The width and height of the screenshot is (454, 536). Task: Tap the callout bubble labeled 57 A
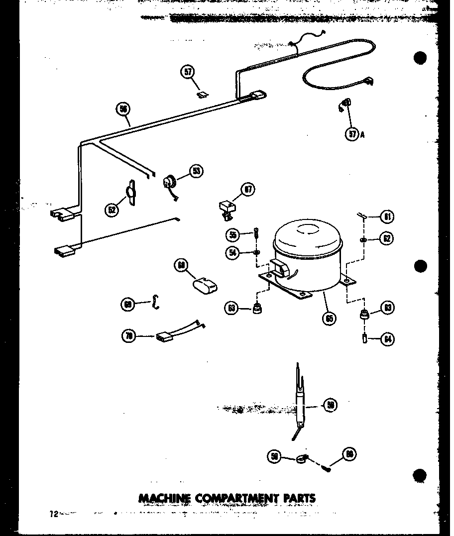(352, 133)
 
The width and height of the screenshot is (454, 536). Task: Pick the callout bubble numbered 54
(231, 253)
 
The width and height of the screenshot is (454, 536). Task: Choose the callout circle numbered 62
(386, 238)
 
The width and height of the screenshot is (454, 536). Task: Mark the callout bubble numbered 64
(387, 339)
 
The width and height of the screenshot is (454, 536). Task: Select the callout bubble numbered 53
(196, 171)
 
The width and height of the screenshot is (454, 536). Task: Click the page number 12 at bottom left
(53, 514)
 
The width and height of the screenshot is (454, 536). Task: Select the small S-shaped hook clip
(156, 302)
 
